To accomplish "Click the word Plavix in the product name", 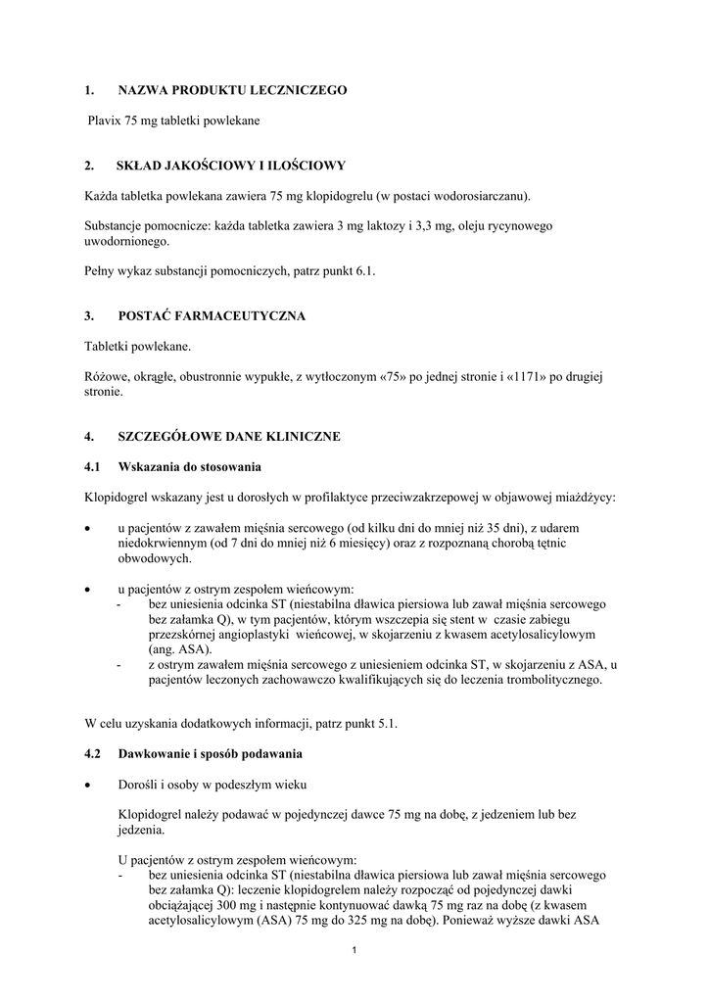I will [x=105, y=119].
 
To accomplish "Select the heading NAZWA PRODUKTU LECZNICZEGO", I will [x=232, y=90].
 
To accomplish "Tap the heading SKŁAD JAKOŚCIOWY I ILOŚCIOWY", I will [x=230, y=165].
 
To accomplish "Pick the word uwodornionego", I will [x=126, y=241].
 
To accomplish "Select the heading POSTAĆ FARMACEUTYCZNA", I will [x=212, y=315].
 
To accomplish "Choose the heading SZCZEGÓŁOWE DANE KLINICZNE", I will [x=229, y=437].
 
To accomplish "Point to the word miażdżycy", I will [x=580, y=497].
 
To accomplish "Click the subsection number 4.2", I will [x=93, y=754].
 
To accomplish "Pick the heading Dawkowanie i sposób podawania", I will [x=211, y=754].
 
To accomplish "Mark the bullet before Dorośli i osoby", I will [x=89, y=786].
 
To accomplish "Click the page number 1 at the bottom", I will [x=354, y=951].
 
